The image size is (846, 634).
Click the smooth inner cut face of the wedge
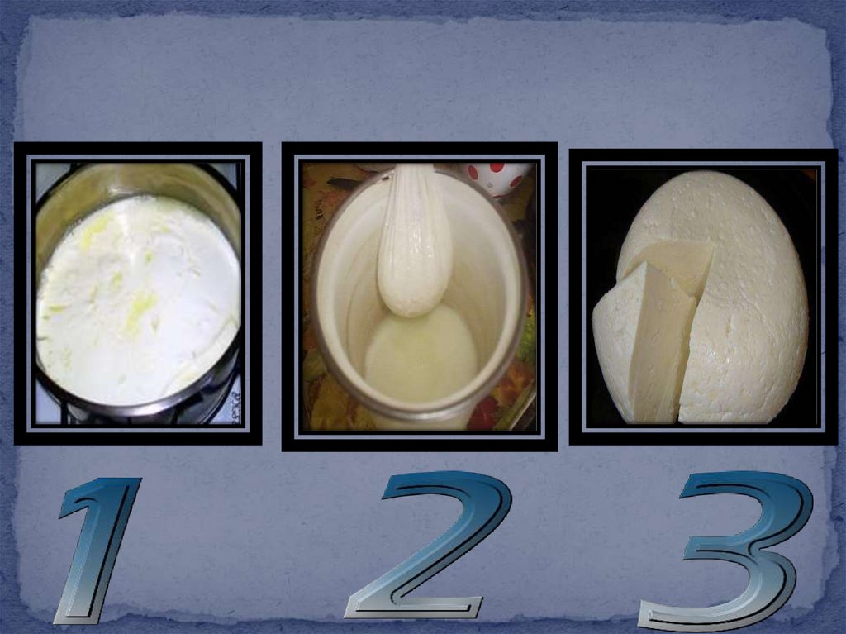(662, 346)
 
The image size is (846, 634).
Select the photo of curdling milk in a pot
(138, 293)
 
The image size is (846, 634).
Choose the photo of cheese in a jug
(419, 297)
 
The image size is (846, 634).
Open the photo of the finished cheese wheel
(704, 297)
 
